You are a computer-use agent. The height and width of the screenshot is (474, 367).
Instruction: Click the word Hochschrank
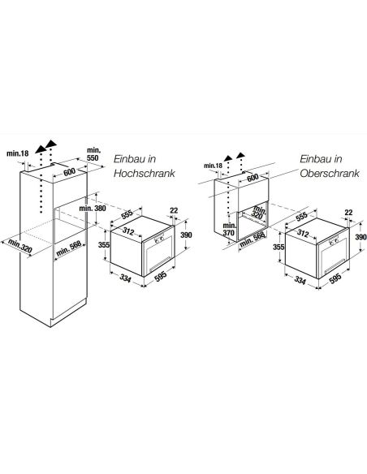coord(145,173)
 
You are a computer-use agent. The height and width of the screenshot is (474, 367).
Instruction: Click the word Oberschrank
coord(330,173)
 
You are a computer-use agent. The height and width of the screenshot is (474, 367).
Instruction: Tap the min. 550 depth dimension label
coord(93,154)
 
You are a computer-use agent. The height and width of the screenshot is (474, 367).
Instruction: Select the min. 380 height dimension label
coord(93,209)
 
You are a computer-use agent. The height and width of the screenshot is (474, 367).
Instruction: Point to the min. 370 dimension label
coord(228,229)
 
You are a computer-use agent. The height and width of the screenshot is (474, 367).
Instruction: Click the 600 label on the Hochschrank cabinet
coord(69,172)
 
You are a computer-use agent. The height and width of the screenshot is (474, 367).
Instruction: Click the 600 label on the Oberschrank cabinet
coord(253,178)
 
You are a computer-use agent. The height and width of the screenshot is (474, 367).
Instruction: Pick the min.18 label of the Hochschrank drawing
coord(18,153)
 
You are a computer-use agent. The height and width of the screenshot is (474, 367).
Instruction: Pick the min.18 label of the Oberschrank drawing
coord(213,166)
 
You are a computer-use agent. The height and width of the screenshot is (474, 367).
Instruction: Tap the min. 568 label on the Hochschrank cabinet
coord(69,248)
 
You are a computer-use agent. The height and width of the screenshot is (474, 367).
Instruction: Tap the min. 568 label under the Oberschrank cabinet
coord(253,239)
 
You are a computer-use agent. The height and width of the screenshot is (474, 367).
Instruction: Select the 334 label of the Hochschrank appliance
coord(125,278)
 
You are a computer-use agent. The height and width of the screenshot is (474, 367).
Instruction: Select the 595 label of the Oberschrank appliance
coord(335,278)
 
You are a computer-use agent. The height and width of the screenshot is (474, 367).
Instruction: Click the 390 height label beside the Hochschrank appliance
coord(186,235)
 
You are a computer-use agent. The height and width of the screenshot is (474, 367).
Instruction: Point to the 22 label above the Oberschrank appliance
coord(348,213)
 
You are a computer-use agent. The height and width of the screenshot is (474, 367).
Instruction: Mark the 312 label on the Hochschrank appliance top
coord(128,231)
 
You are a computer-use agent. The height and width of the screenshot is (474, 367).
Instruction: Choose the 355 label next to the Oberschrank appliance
coord(278,247)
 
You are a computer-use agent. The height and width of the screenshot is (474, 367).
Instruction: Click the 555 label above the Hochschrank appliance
coord(127,213)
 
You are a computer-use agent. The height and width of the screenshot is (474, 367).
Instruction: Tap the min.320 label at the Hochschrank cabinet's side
coord(20,245)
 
